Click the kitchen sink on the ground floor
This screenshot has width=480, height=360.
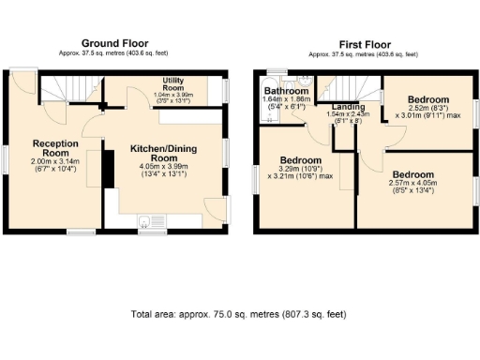(x=144, y=222)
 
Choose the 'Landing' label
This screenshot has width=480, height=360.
(x=349, y=107)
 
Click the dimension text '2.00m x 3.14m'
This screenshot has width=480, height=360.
(x=52, y=161)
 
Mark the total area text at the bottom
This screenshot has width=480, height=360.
(x=238, y=314)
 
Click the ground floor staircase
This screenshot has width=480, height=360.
(x=69, y=91)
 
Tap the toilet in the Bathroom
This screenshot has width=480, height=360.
(x=302, y=82)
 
